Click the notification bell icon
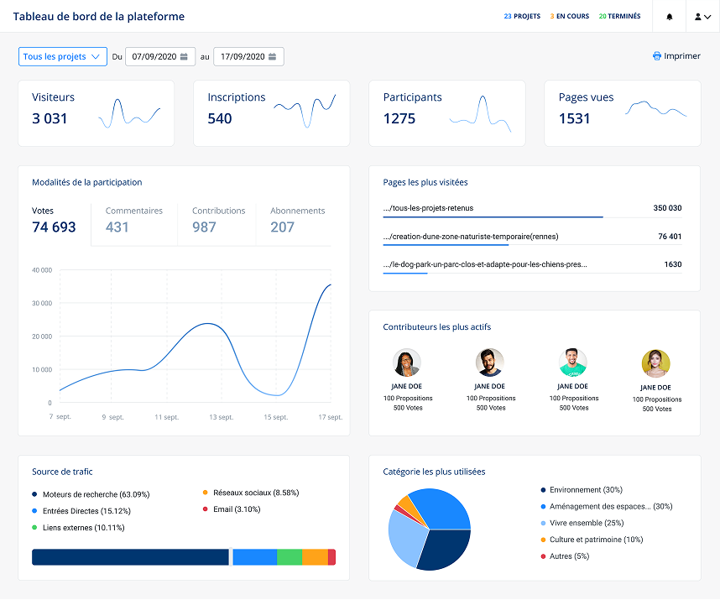(x=670, y=17)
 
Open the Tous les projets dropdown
(x=62, y=56)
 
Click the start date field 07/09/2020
(x=160, y=56)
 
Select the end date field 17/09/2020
(x=248, y=56)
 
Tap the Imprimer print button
(x=676, y=56)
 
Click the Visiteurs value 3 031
(x=50, y=118)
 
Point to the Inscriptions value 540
(x=220, y=118)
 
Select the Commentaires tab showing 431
(x=134, y=220)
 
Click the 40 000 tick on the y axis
(x=41, y=270)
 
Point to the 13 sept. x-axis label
(x=222, y=417)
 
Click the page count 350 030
(x=667, y=208)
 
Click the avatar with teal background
(x=573, y=363)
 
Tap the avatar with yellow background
(x=655, y=363)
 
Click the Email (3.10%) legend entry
(x=236, y=509)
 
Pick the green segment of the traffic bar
(x=289, y=557)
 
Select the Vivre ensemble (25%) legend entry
(x=586, y=523)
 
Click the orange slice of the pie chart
(x=404, y=503)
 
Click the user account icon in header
(x=702, y=17)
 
